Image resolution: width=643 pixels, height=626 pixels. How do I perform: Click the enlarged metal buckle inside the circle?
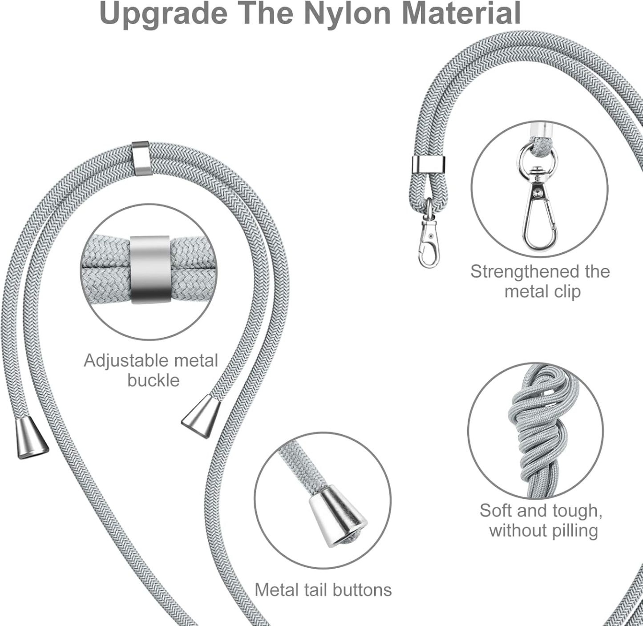pos(150,270)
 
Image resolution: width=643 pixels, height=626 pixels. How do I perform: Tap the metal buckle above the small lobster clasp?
pos(429,164)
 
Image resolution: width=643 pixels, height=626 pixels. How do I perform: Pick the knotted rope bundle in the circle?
pos(537,432)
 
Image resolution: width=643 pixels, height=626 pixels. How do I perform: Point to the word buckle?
pos(154,380)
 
